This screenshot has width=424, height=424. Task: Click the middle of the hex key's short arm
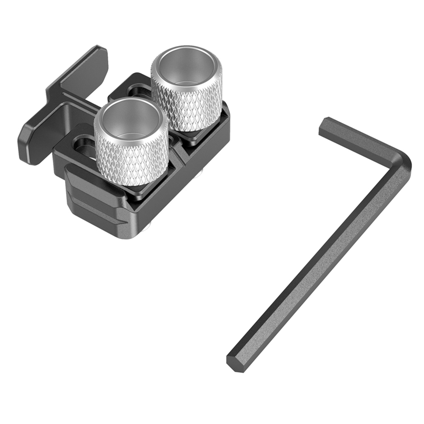click(x=363, y=143)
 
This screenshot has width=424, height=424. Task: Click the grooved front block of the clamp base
click(x=95, y=203)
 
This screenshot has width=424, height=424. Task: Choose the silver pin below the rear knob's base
click(x=200, y=175)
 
